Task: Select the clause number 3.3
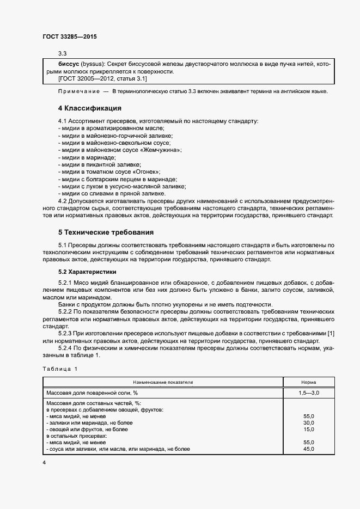click(62, 53)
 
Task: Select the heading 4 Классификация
click(89, 108)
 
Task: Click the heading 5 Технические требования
click(103, 232)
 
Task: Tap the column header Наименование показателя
click(164, 383)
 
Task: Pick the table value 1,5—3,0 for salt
click(309, 392)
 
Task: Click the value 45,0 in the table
click(309, 449)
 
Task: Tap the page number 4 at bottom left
click(44, 462)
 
